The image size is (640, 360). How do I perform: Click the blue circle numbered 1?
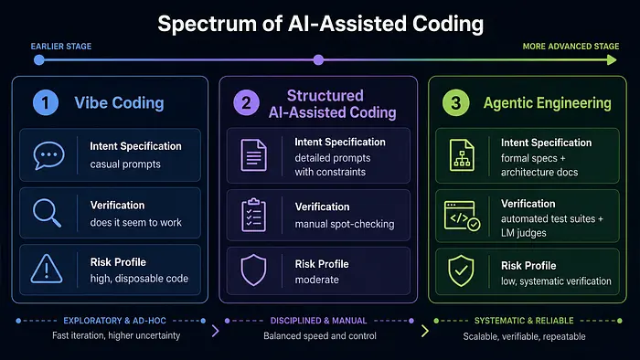[x=46, y=102]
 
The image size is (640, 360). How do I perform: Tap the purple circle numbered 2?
[x=246, y=102]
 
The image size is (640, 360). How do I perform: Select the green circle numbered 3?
[x=455, y=102]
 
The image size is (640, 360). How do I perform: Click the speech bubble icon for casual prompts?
[x=48, y=155]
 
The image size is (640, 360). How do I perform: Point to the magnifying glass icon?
[x=47, y=212]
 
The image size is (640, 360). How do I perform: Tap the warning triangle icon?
[x=47, y=269]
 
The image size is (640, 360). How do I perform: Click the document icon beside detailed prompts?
[x=253, y=155]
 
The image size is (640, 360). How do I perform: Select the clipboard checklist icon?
[x=253, y=215]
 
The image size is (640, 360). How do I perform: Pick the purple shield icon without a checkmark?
[x=253, y=270]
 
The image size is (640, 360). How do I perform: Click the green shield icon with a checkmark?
[x=461, y=270]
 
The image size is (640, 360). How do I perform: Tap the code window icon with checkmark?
[x=462, y=216]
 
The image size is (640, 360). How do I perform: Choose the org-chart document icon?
[x=462, y=155]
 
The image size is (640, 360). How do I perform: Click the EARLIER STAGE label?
[x=61, y=47]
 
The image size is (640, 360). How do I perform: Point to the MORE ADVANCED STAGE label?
[x=571, y=47]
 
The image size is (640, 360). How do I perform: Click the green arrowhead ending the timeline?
[x=612, y=60]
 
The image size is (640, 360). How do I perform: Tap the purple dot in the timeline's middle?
[x=318, y=60]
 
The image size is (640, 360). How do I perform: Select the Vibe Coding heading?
[x=119, y=102]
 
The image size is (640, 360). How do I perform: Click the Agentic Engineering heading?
[x=548, y=103]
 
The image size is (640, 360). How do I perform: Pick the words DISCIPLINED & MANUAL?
[x=319, y=321]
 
